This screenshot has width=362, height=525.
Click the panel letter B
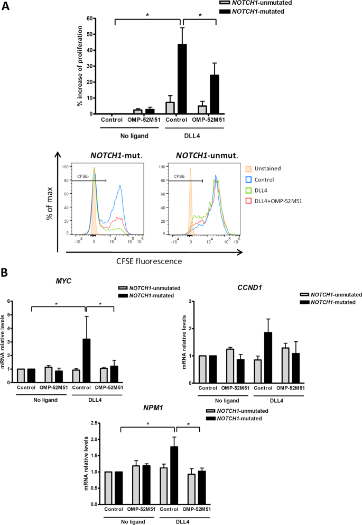(6, 274)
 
